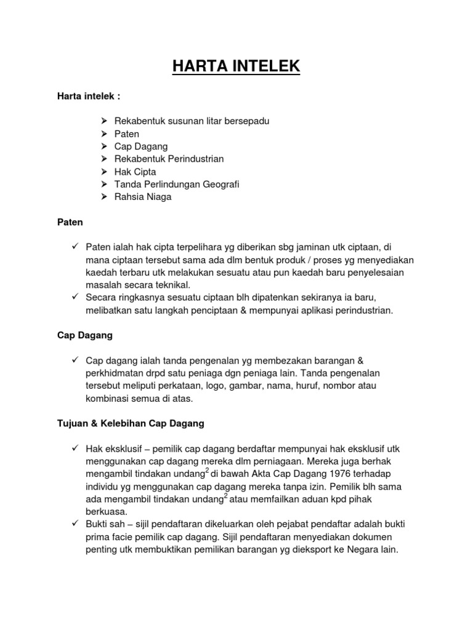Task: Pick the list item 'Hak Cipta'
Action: pos(135,171)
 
